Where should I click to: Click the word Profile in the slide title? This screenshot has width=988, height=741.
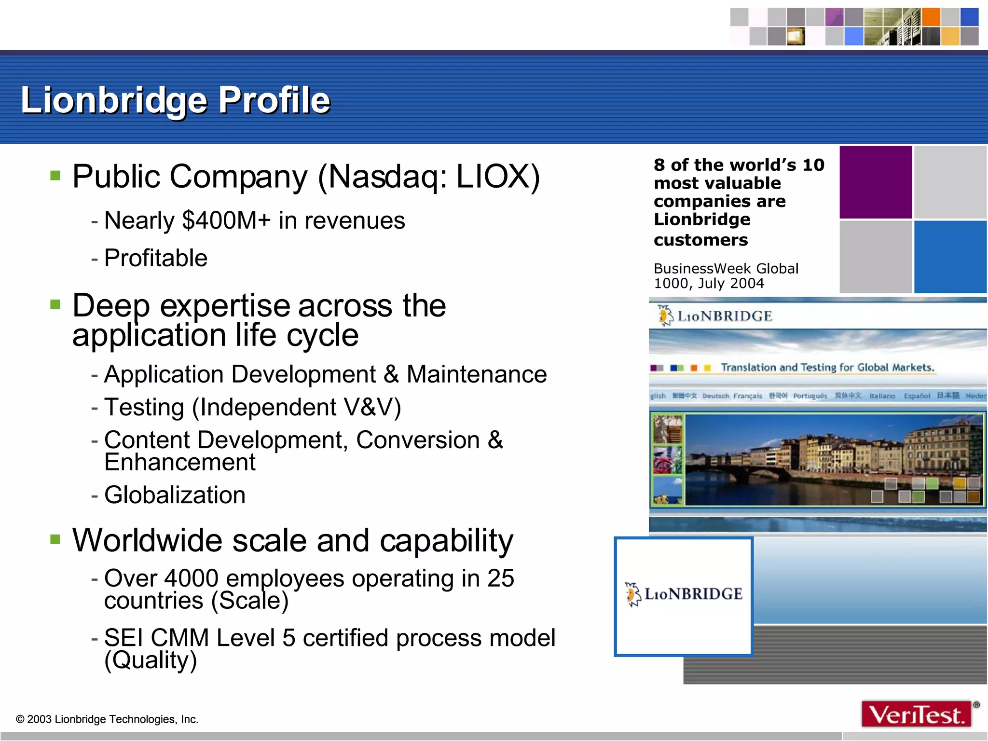(x=274, y=100)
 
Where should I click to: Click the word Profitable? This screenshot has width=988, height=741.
(x=156, y=258)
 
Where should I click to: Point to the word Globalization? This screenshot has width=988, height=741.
(x=175, y=495)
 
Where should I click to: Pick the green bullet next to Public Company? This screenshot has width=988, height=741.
(x=55, y=175)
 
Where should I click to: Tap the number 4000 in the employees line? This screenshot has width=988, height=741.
(x=192, y=578)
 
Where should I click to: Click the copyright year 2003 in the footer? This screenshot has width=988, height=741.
(x=39, y=719)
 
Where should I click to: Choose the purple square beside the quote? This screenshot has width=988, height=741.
(x=875, y=182)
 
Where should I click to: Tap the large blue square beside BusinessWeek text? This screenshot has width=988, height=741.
(x=950, y=257)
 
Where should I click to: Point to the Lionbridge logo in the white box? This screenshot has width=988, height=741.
(x=684, y=594)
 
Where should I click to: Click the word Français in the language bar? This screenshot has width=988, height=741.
(x=747, y=396)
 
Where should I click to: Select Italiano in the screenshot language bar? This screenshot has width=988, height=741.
(x=882, y=396)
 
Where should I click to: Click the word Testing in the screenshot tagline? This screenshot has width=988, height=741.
(x=818, y=368)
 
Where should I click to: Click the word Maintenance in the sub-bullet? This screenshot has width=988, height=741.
(x=477, y=374)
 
